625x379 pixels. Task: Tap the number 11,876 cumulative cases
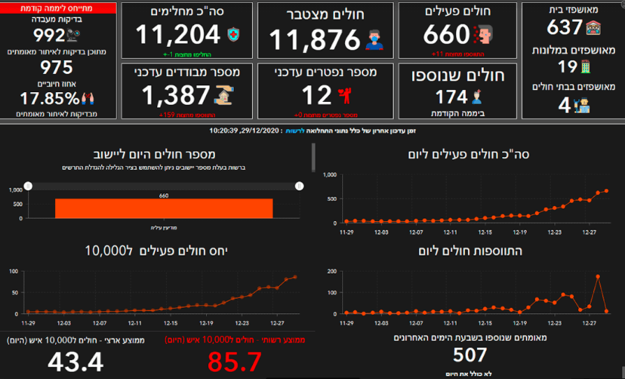(314, 39)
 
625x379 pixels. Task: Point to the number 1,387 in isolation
(175, 95)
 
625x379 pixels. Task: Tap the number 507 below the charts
(469, 355)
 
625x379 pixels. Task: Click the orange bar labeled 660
(164, 208)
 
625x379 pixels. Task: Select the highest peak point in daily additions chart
(598, 276)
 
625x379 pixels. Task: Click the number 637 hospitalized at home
(565, 27)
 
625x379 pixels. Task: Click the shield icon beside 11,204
(233, 34)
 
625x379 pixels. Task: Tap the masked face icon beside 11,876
(376, 40)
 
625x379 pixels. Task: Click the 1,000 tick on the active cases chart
(330, 175)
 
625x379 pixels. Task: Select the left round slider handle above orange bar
(28, 186)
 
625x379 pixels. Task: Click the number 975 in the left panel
(57, 67)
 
